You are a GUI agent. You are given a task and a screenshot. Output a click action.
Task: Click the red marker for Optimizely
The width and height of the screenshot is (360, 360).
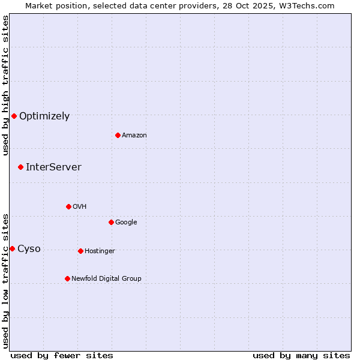coord(14,116)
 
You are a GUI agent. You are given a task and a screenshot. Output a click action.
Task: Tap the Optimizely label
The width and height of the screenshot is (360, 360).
coord(44,116)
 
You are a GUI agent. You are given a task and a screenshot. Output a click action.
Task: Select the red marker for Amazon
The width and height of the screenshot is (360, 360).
coord(118,135)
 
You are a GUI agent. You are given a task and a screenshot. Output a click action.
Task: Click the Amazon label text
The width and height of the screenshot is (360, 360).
coord(134,136)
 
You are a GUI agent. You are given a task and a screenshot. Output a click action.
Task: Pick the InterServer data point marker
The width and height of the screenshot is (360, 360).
coord(20,167)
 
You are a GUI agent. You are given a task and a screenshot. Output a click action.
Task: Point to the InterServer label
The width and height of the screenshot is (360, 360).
coord(53,167)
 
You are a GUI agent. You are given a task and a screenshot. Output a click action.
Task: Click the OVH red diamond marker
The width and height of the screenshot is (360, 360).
coord(68,206)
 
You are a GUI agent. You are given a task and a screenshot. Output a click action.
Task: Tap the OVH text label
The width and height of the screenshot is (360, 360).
coord(80,207)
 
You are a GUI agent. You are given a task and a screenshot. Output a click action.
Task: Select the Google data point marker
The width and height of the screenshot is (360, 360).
coord(111,222)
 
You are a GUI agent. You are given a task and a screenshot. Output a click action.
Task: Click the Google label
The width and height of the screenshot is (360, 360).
coord(126,223)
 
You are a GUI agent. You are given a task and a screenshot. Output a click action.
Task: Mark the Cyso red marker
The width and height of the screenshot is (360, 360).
coord(12,248)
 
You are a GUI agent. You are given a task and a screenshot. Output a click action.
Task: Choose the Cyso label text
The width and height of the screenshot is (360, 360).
coord(29,249)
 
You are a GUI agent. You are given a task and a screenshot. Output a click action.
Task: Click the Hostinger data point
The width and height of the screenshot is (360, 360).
coord(80,251)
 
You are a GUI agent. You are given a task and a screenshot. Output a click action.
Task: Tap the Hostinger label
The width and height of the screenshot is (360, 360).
coord(100,251)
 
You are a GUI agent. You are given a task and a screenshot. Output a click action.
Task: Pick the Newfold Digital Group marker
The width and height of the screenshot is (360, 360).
coord(67,278)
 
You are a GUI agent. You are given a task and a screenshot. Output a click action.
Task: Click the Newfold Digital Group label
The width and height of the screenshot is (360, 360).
coord(106,279)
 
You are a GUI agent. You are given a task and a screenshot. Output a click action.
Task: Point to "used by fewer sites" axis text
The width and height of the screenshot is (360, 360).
coord(62,355)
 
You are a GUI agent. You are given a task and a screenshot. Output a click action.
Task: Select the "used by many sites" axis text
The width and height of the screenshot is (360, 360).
coord(301,355)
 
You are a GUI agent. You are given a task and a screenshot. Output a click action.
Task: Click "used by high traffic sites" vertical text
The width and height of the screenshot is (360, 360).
coord(5,85)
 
